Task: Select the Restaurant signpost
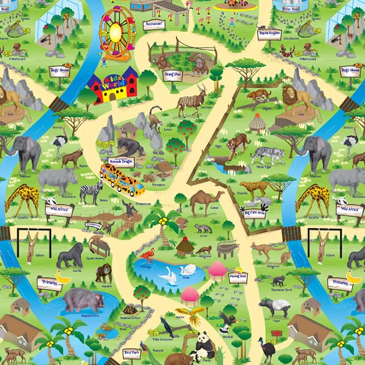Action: [154, 25]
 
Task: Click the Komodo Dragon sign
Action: [122, 162]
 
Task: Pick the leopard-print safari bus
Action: [122, 179]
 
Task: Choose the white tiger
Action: [267, 154]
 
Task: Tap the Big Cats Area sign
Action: [255, 213]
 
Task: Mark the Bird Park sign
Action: [131, 353]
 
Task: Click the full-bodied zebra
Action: [91, 191]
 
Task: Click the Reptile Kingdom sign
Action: [270, 34]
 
